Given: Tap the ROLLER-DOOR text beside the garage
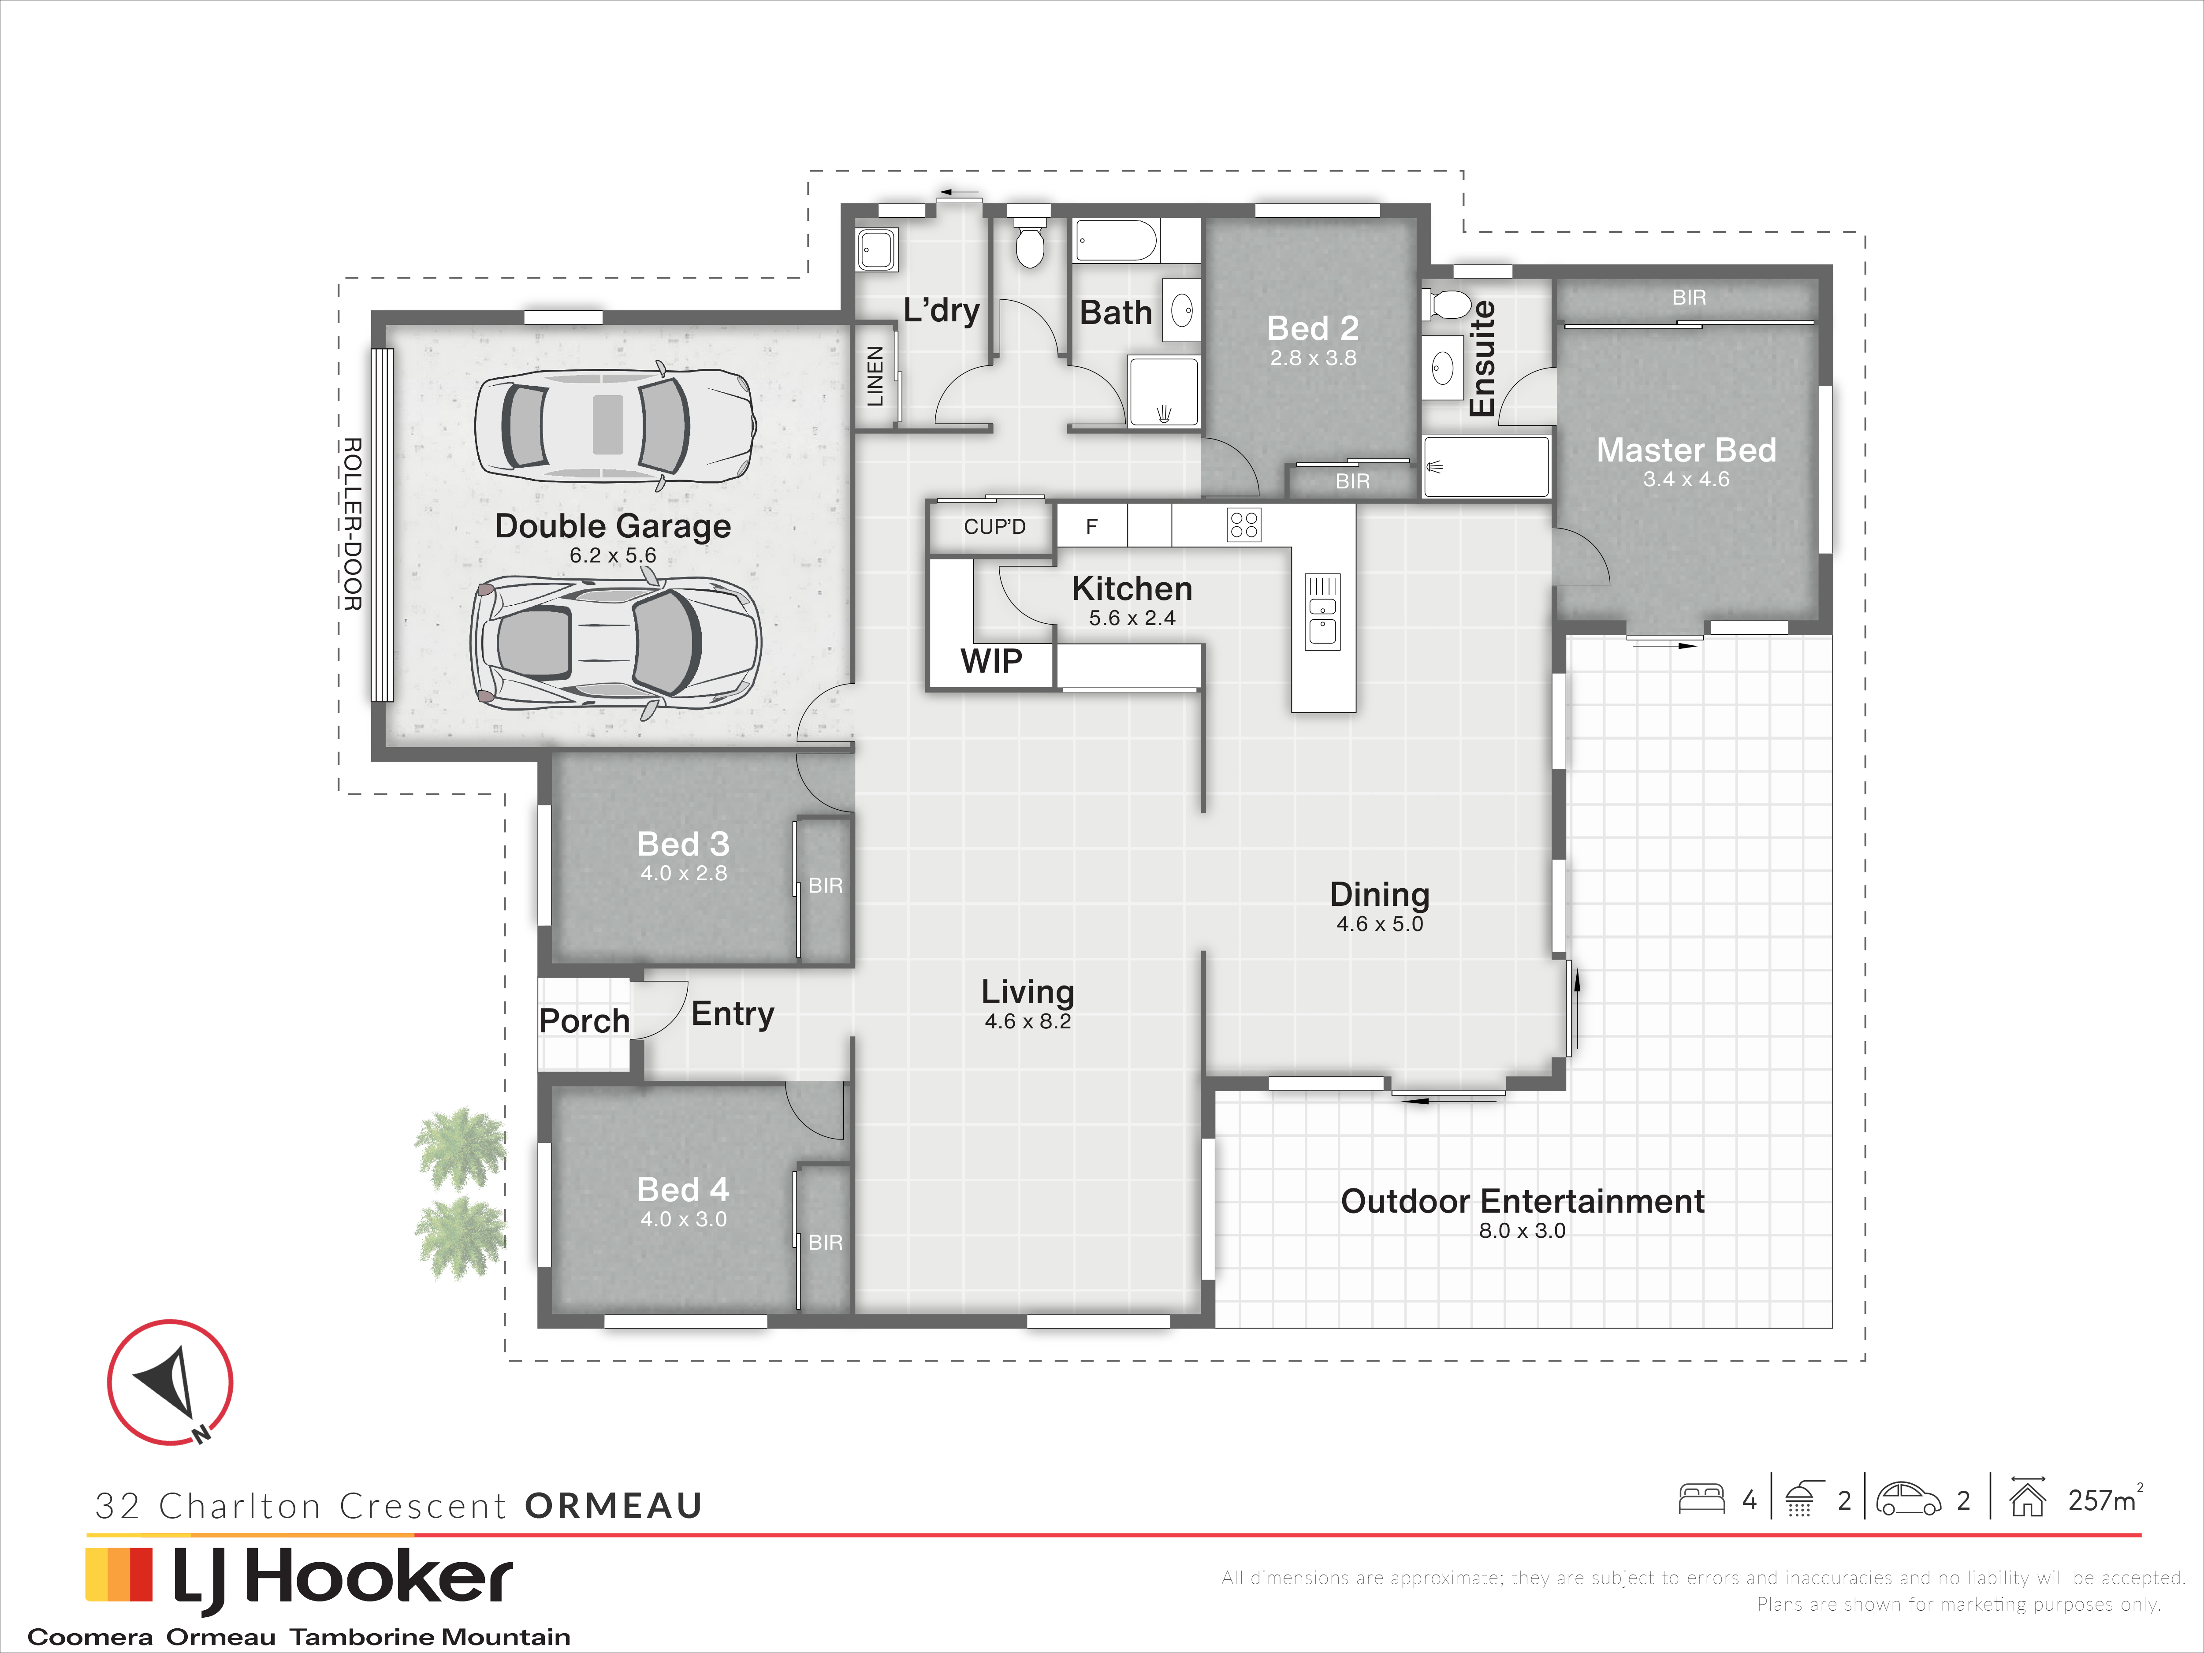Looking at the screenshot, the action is point(352,524).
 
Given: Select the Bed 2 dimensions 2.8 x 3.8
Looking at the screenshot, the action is point(1313,357).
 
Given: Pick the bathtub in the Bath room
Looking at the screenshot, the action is point(1117,241).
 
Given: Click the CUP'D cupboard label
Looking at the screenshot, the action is point(994,526).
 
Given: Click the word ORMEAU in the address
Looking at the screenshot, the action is point(614,1505).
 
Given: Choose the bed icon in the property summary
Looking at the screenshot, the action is point(1702,1500).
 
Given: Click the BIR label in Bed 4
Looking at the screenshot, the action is point(825,1243).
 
